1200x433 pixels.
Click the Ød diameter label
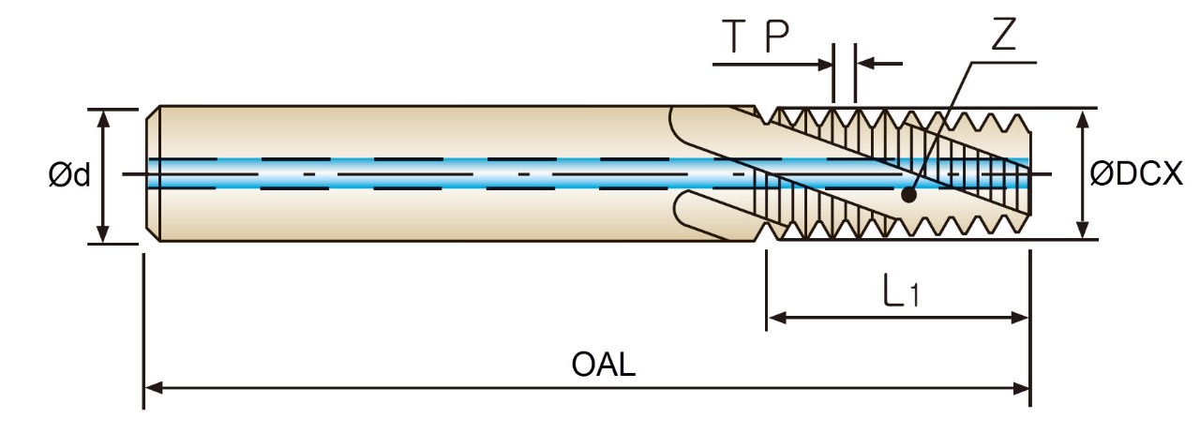tap(69, 175)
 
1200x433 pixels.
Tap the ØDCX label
tap(1136, 174)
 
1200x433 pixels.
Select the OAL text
tap(603, 365)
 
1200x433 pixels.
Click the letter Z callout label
tap(1003, 36)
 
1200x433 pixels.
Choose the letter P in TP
tap(777, 37)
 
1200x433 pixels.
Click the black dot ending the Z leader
tap(908, 195)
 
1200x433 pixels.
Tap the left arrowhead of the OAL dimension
tap(154, 387)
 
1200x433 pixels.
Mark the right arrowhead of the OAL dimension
tap(1020, 388)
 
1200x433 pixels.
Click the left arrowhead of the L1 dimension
tap(777, 318)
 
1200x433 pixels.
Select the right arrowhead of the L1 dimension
tap(1019, 318)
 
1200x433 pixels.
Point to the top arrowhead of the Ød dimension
tap(103, 120)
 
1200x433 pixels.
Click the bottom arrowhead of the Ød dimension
tap(103, 233)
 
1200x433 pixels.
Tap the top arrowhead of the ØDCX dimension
tap(1083, 120)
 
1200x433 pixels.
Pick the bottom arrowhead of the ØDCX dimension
tap(1083, 229)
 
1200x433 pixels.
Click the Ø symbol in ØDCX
tap(1102, 174)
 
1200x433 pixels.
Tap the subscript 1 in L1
tap(914, 295)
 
